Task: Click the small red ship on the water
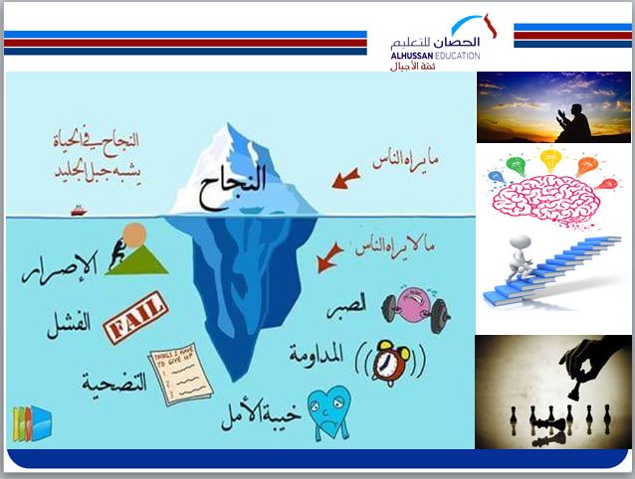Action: point(79,210)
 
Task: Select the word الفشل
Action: point(69,323)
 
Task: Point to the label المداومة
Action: point(321,352)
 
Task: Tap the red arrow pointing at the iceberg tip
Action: point(345,179)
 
